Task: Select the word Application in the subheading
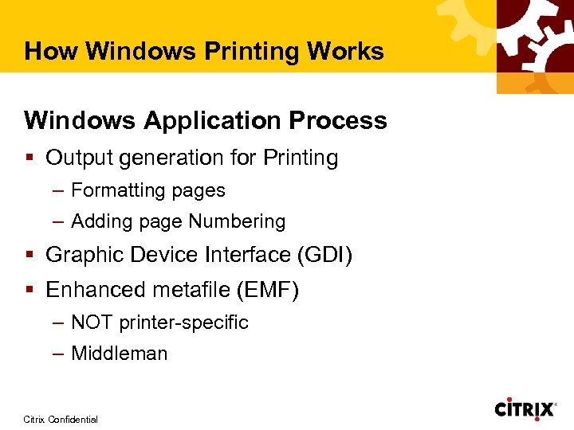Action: (x=213, y=121)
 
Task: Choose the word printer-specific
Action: (x=183, y=323)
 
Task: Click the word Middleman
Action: (x=120, y=354)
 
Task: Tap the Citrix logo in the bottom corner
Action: (x=525, y=409)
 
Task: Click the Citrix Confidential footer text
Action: (x=61, y=419)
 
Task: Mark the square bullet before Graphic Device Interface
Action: (x=30, y=256)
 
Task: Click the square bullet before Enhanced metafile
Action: (x=30, y=291)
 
